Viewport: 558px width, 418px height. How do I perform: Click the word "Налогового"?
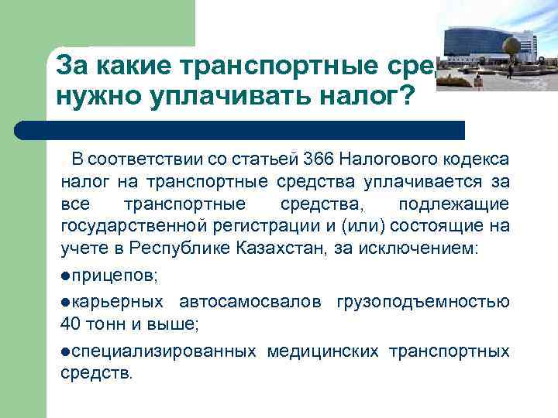pos(370,159)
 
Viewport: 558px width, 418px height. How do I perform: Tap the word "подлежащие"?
pos(453,204)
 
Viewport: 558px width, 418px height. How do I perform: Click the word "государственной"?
pos(129,226)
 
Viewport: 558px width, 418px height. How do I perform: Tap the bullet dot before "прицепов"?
pos(66,276)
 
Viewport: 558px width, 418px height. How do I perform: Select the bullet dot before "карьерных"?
pos(66,302)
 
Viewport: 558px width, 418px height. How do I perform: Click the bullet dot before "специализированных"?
pos(66,351)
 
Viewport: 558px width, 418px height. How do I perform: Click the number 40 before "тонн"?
pos(70,324)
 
